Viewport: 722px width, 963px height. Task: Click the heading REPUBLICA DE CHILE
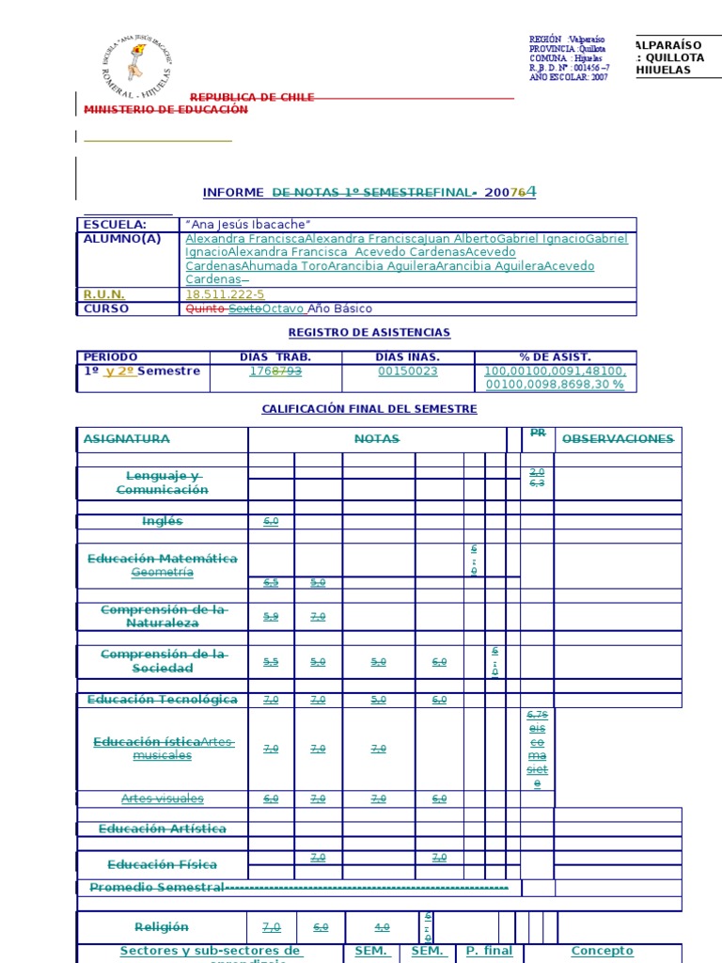tap(252, 98)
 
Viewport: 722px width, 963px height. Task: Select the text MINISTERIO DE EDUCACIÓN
tap(166, 110)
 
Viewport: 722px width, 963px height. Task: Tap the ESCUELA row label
tap(115, 225)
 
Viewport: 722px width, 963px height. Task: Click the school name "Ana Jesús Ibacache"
tap(248, 225)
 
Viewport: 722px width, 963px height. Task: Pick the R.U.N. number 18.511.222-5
tap(226, 294)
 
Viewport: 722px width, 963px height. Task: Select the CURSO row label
tap(106, 308)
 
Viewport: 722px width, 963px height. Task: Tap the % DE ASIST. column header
tap(556, 357)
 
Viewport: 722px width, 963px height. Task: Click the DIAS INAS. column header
tap(407, 357)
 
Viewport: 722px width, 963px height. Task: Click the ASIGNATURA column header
tap(127, 439)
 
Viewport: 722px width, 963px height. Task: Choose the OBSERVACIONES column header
tap(618, 439)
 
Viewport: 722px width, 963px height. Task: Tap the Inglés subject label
tap(162, 521)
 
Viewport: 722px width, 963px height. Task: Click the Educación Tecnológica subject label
tap(162, 700)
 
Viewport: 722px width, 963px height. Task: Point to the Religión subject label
tap(162, 927)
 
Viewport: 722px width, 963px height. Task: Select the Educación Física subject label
tap(162, 864)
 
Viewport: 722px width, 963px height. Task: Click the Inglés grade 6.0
tap(271, 521)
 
